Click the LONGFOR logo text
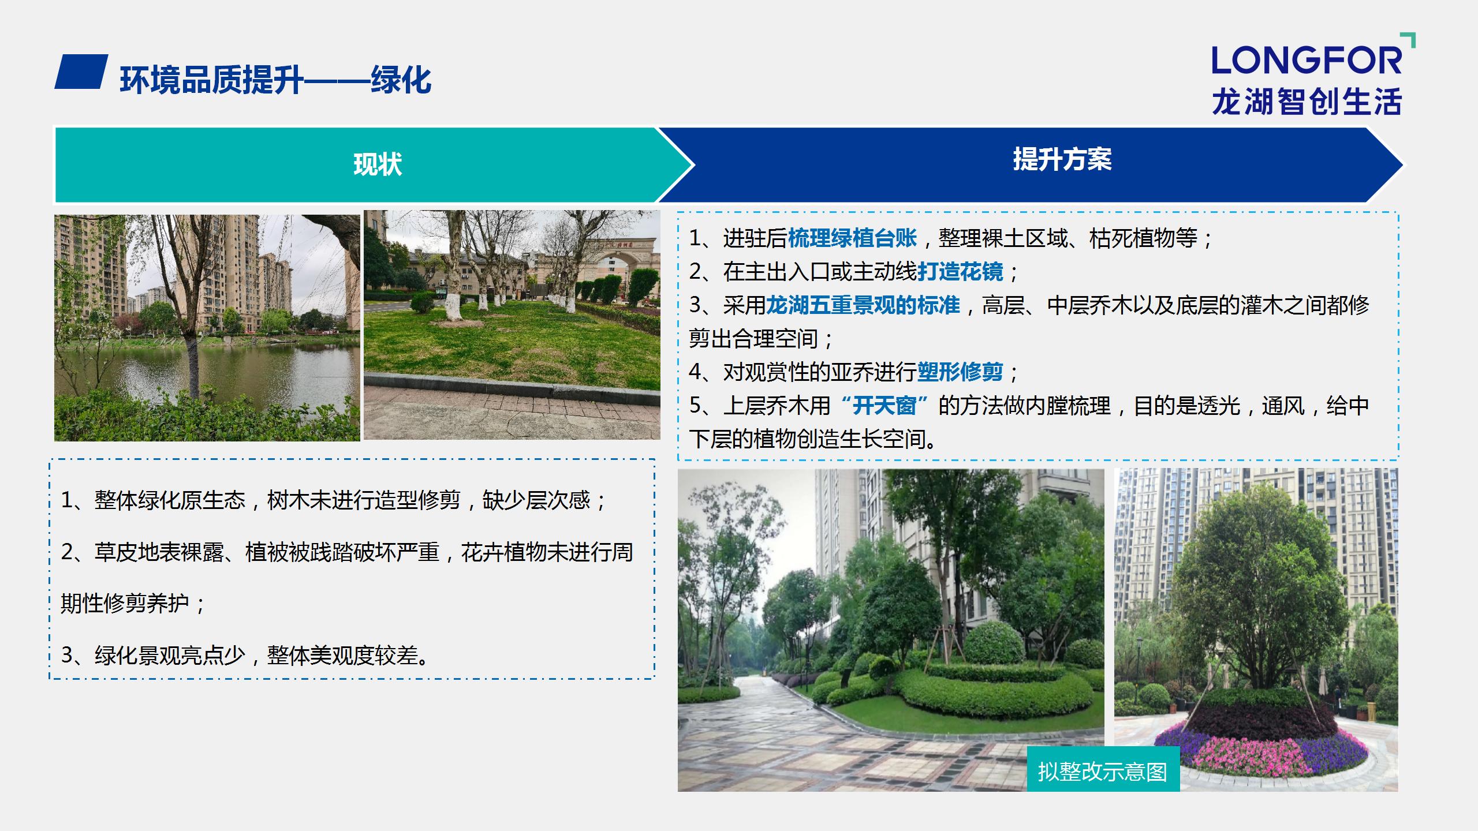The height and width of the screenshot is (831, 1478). (1306, 60)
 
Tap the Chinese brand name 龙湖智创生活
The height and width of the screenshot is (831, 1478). (1307, 102)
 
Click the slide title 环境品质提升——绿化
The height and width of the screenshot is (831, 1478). (275, 80)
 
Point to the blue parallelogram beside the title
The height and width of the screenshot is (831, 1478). (81, 72)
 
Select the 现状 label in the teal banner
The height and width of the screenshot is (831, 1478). (378, 164)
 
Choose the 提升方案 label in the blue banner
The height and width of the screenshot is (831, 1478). (1062, 159)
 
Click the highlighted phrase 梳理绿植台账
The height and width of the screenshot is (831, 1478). (852, 238)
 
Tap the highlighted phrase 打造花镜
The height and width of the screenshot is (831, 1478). (960, 271)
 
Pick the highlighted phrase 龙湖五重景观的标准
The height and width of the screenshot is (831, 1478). (863, 305)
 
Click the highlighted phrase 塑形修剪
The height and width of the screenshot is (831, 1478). (960, 372)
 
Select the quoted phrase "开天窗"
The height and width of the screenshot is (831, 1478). (884, 405)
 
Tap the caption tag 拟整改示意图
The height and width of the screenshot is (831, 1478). (1103, 772)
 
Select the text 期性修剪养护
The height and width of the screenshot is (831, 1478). (125, 604)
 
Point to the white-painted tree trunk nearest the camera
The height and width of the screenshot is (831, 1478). (454, 304)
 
